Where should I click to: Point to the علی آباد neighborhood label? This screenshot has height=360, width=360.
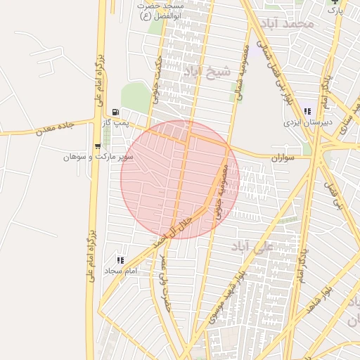coord(252,246)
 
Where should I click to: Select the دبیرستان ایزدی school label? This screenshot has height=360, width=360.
coord(307,122)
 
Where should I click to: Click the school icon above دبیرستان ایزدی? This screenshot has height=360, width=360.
coord(307,111)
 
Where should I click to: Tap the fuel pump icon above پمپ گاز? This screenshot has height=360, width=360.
coord(115,112)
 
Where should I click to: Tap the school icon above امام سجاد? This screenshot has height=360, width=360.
coord(120,260)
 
